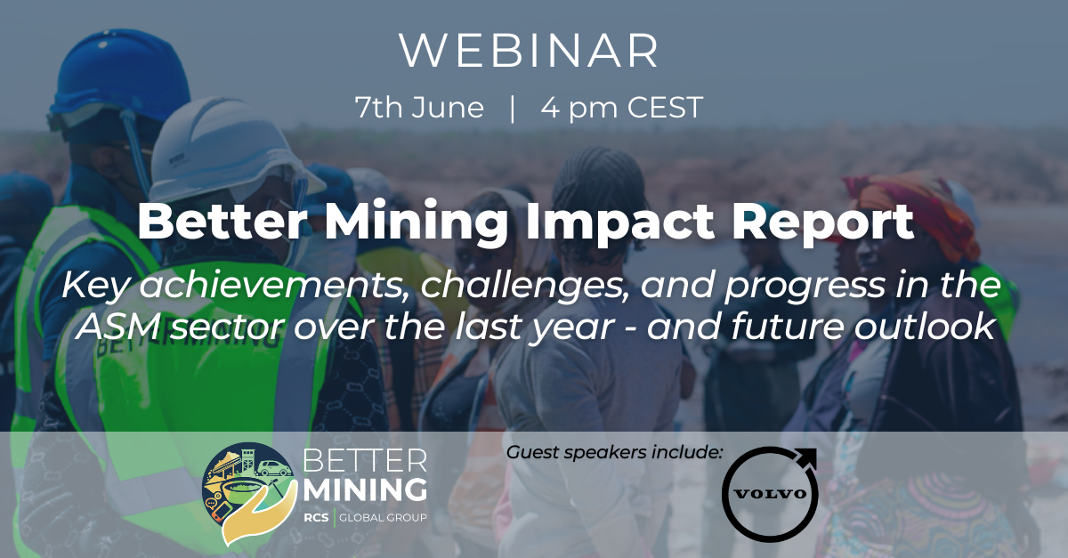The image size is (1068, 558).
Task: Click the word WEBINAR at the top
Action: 530,51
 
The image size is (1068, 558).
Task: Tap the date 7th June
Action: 419,108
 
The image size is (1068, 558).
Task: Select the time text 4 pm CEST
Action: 622,108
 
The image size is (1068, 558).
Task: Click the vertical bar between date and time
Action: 513,109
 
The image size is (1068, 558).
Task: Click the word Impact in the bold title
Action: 619,222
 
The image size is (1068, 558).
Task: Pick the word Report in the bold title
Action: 823,222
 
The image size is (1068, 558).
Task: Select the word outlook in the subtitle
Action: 924,327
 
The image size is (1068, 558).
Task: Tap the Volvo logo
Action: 770,494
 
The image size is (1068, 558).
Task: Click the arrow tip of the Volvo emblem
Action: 815,449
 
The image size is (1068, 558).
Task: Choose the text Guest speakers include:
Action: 615,453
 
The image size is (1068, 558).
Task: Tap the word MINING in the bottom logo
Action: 366,489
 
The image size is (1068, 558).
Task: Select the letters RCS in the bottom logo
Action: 316,518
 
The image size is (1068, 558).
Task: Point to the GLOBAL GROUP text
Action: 383,518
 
